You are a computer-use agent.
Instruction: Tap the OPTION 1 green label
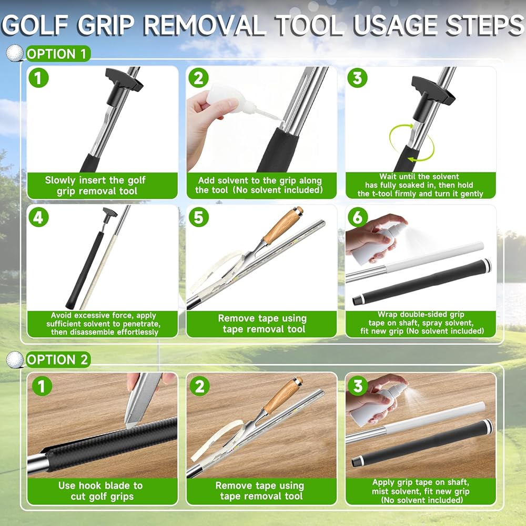tap(58, 54)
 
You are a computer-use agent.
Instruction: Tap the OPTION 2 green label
tap(58, 360)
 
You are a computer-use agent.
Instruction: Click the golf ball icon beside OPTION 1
tap(15, 53)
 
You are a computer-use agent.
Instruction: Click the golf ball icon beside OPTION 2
tap(15, 359)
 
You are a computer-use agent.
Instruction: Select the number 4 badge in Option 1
tap(38, 217)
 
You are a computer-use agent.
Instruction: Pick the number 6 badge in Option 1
tap(357, 217)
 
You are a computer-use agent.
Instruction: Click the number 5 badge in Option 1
tap(199, 217)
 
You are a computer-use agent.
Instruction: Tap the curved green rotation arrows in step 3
tap(412, 143)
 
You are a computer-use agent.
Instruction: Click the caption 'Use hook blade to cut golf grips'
tap(101, 491)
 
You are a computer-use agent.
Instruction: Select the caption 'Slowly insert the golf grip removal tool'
tap(96, 186)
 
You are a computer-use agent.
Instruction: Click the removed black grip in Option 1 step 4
tap(85, 269)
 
